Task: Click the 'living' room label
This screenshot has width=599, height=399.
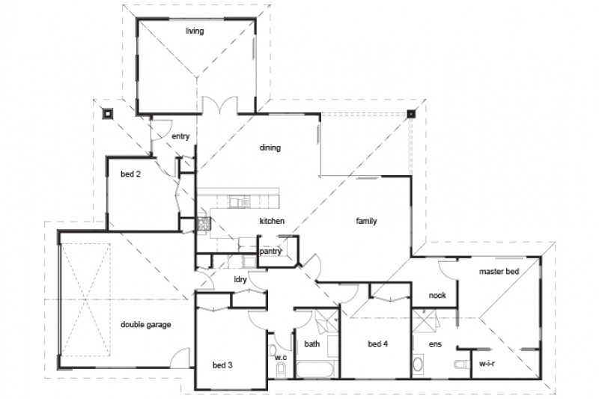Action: pos(195,31)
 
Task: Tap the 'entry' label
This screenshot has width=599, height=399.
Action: pos(180,136)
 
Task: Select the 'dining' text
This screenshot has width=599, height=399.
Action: pos(270,147)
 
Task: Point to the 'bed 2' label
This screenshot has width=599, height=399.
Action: pos(131,174)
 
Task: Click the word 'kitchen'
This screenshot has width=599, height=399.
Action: pos(272,222)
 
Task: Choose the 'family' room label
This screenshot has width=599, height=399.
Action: pos(365,222)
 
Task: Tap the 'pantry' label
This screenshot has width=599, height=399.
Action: pos(270,252)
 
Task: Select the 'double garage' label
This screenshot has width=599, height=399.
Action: pos(146,325)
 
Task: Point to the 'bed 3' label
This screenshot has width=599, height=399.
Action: pos(223,365)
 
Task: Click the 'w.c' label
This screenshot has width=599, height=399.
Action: pos(281,357)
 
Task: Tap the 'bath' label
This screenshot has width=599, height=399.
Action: pos(312,344)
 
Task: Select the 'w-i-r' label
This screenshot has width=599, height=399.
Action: pos(487,364)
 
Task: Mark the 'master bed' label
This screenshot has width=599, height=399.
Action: pos(499,272)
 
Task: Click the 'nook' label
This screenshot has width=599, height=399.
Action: pos(437,295)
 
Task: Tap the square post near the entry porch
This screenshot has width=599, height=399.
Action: pos(108,115)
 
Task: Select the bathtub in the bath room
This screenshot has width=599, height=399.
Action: pos(316,370)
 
